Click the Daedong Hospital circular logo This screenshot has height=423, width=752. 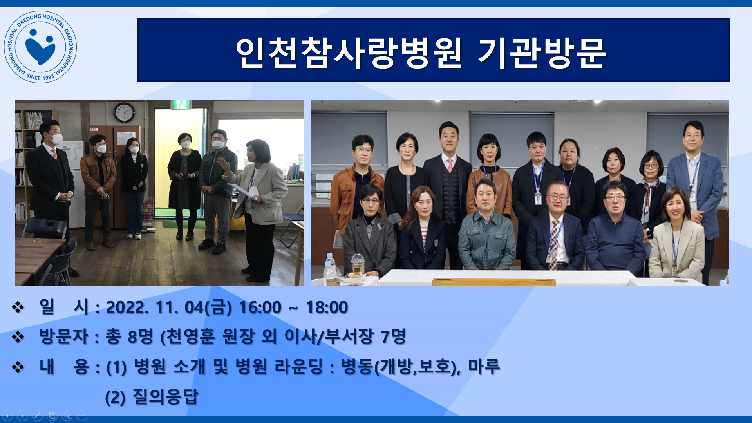pos(40,47)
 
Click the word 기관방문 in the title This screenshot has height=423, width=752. pos(542,53)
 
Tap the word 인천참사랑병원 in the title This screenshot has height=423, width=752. pos(349,53)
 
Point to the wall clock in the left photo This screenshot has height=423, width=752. pos(124,112)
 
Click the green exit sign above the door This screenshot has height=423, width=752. pos(181,105)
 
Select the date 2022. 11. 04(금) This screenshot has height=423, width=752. pos(169,307)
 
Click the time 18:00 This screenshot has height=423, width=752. pos(327,307)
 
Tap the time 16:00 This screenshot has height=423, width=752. pos(260,307)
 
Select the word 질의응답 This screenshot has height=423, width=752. pos(166,397)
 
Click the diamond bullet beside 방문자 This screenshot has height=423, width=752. pos(18,337)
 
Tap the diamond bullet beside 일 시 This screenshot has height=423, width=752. pos(18,307)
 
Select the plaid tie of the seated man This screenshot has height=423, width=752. pos(554,245)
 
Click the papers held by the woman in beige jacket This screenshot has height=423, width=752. pos(242,191)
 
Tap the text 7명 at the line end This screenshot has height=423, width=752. pos(393,336)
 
